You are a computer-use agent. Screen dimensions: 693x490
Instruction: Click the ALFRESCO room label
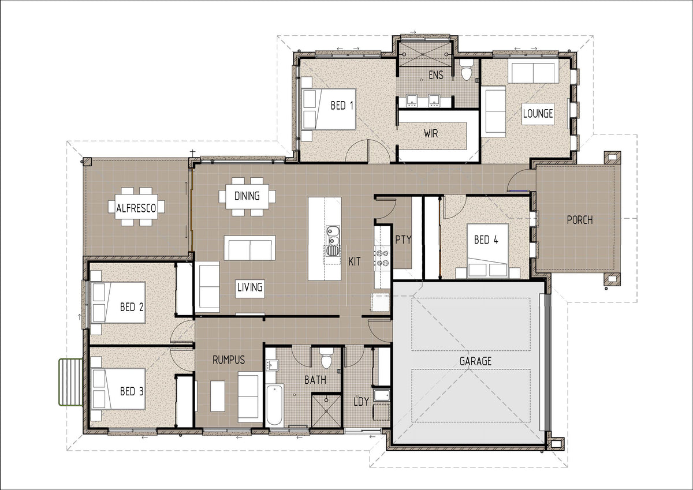(136, 208)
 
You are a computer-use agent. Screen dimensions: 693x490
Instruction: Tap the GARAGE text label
(475, 361)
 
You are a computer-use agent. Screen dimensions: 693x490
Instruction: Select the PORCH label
(580, 220)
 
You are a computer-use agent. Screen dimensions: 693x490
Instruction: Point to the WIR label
(431, 133)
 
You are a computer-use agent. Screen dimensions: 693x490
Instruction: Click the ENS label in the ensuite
(436, 75)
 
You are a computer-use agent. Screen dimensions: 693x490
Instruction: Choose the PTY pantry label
(404, 240)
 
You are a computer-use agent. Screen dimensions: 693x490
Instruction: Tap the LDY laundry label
(362, 402)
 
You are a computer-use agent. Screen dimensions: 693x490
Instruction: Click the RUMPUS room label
(229, 360)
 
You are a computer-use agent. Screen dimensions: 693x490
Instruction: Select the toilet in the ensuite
(466, 70)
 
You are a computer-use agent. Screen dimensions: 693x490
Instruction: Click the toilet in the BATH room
(326, 358)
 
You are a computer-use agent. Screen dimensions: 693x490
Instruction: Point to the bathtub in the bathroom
(274, 405)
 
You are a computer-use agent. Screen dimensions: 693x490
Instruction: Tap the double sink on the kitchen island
(333, 235)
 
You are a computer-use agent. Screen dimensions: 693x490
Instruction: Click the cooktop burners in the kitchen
(382, 259)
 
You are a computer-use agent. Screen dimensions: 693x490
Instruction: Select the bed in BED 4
(487, 250)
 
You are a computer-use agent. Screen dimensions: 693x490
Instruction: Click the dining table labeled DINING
(247, 196)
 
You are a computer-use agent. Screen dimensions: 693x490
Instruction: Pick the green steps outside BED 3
(71, 382)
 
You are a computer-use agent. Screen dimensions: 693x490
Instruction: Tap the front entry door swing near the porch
(517, 180)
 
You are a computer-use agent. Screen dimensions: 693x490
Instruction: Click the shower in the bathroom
(326, 411)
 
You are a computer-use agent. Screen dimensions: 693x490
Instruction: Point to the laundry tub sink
(382, 395)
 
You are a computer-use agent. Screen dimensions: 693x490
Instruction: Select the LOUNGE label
(538, 114)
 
